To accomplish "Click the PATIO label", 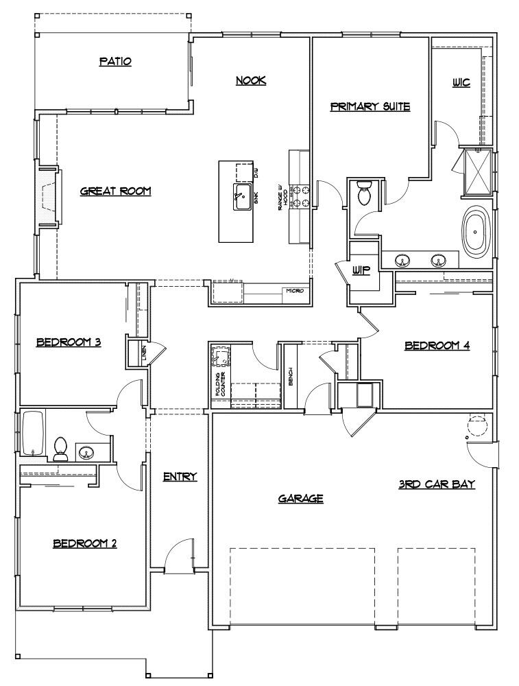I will point(114,62).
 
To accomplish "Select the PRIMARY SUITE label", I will point(370,106).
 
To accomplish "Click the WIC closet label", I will point(461,83).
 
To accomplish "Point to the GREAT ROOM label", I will point(115,191).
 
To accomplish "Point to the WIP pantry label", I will point(361,270).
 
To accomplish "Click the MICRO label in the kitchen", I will point(293,292).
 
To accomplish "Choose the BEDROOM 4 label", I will point(437,345).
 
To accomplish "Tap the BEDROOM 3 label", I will point(69,342).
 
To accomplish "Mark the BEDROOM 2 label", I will point(85,543).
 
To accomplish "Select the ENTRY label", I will point(180,476).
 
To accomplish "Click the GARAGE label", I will point(300,499).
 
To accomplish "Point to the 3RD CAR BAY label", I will point(437,484).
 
